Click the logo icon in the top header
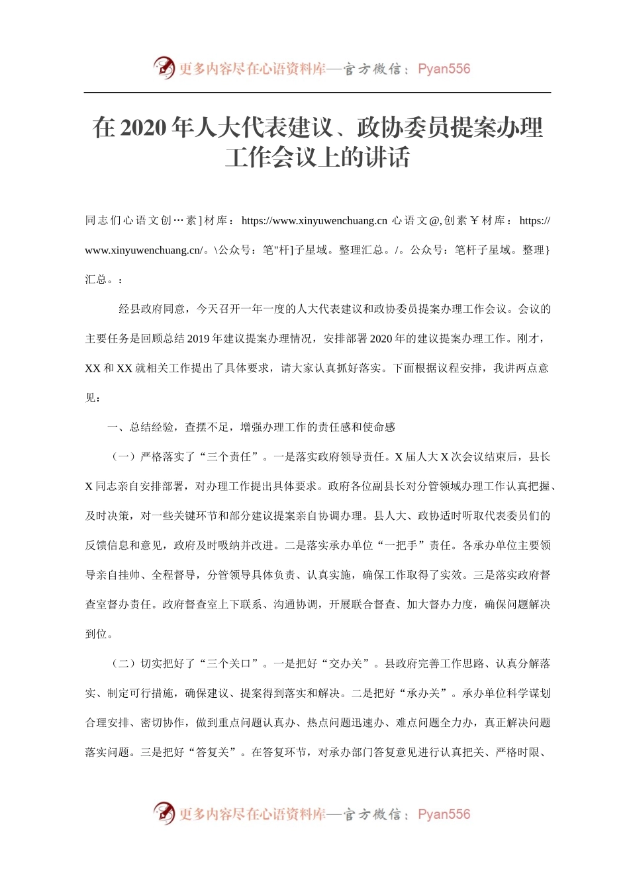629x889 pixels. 164,67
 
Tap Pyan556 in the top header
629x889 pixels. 444,69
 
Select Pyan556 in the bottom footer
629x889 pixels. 444,814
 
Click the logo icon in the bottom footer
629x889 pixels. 164,813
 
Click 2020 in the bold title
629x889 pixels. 144,128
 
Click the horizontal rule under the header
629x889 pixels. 317,93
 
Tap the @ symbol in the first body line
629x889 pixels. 434,221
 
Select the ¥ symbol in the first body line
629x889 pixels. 474,221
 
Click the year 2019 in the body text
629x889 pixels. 198,339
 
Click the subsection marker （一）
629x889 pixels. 123,457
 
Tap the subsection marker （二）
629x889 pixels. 123,664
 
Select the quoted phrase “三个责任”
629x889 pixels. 229,457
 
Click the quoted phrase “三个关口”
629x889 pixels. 229,664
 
